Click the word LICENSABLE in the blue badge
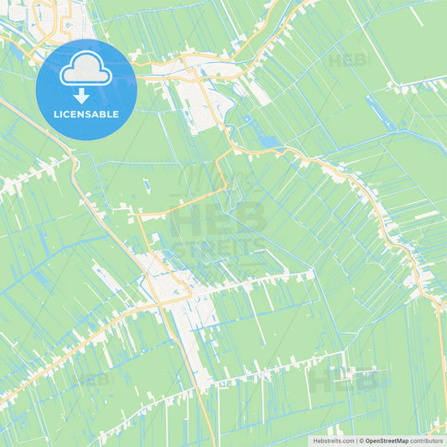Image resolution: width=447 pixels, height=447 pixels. (x=86, y=114)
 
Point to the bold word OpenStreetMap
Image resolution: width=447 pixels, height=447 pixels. (x=387, y=439)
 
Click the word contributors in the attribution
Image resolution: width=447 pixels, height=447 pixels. (x=427, y=439)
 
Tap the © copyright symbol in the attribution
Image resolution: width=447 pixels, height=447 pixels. (x=361, y=439)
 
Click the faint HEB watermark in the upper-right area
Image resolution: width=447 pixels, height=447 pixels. (x=347, y=61)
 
